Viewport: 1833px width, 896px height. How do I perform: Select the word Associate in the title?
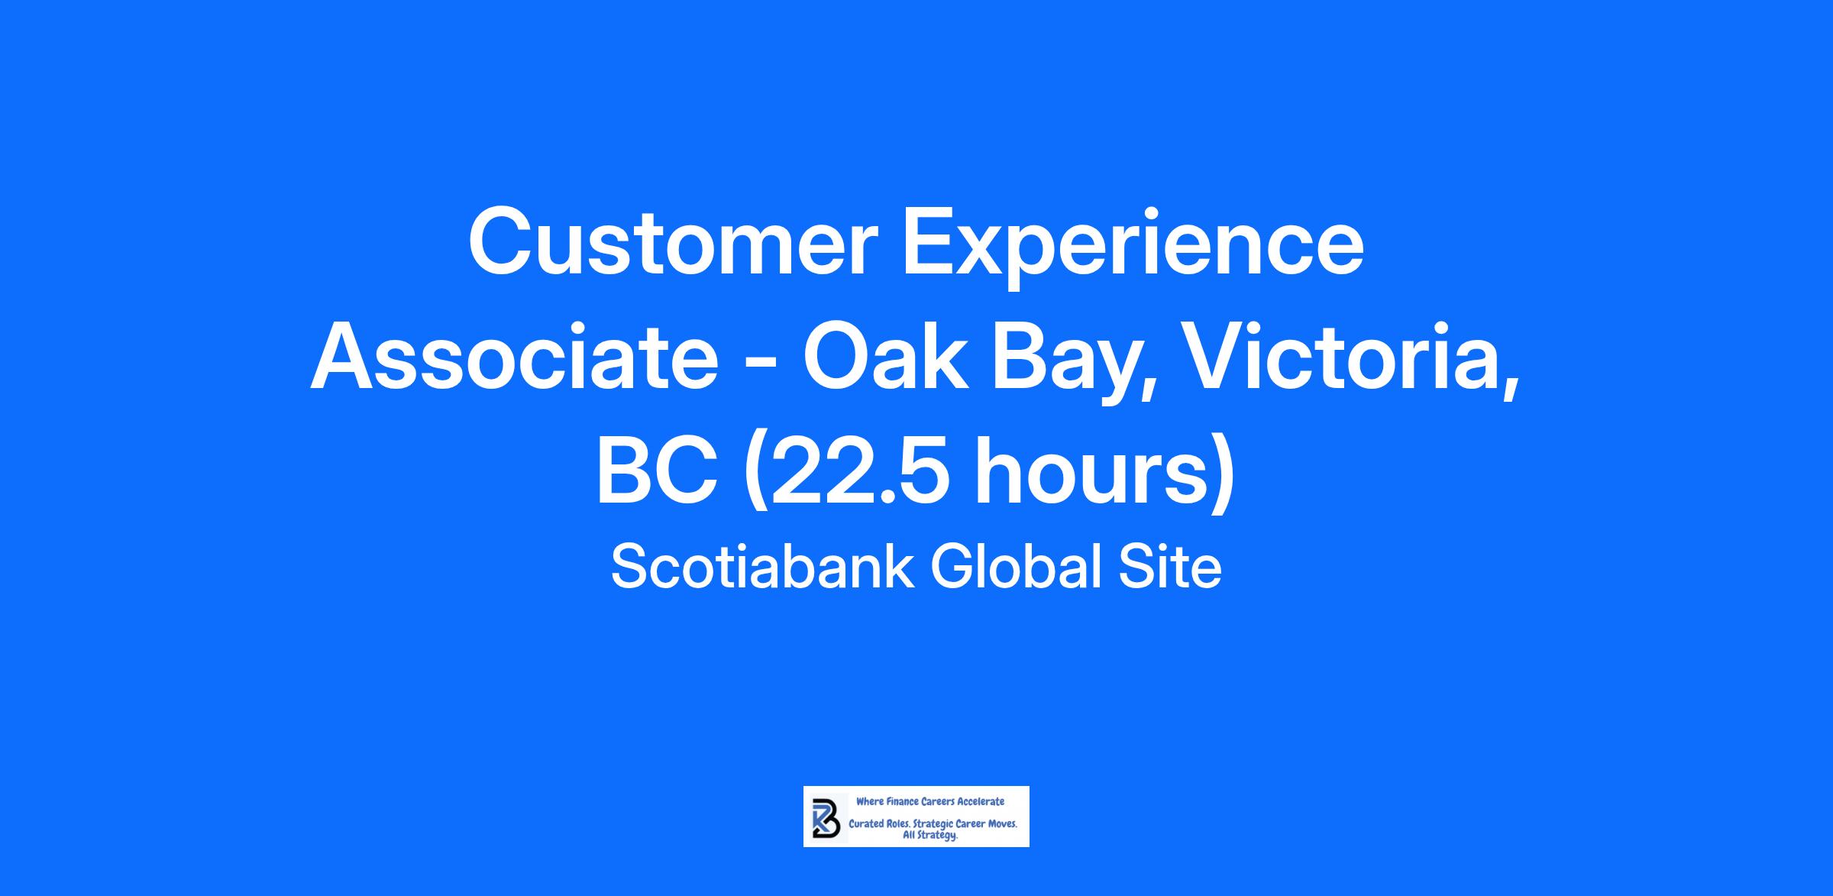point(514,360)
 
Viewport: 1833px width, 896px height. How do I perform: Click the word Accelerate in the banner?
point(981,801)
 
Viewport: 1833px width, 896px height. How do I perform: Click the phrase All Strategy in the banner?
point(930,836)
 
